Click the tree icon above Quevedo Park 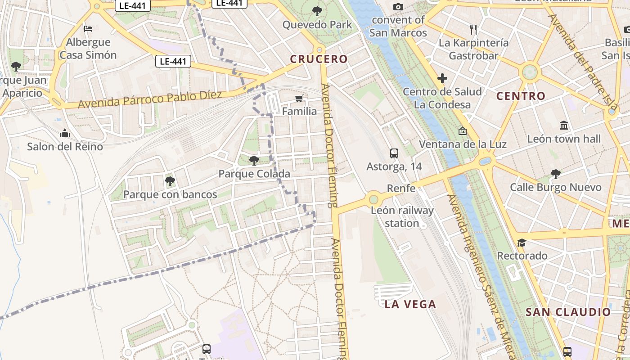coord(317,11)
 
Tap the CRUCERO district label coord(319,59)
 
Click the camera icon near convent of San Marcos coord(398,7)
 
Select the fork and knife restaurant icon coord(473,30)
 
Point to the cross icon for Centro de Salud coord(442,79)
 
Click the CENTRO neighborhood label coord(521,96)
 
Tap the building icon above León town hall coord(563,126)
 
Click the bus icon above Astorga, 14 coord(394,153)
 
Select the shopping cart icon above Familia coord(299,98)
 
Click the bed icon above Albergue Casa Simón coord(88,29)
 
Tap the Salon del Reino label coord(65,147)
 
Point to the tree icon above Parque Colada coord(254,160)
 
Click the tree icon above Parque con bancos coord(170,181)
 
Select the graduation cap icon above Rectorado coord(522,243)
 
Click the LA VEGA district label coord(410,304)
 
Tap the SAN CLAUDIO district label coord(568,312)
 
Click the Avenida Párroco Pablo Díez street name coord(150,99)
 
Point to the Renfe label coord(401,188)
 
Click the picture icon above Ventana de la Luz coord(462,131)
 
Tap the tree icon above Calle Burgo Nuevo coord(555,174)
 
